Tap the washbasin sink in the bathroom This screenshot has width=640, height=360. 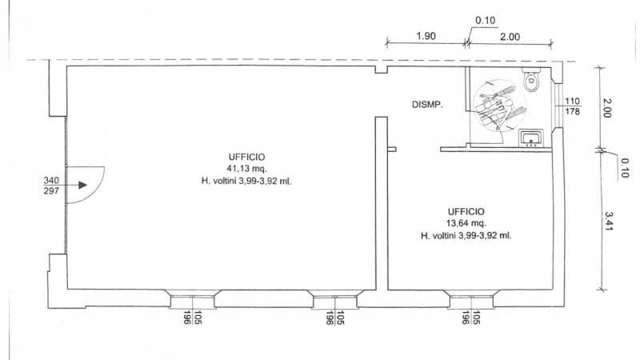(531, 138)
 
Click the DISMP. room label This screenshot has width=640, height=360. (427, 105)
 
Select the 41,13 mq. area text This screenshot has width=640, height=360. (247, 169)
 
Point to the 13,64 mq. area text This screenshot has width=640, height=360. (466, 223)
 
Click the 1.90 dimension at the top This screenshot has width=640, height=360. (426, 36)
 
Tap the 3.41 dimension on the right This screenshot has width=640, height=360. (609, 221)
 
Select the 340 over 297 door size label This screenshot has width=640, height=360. (51, 186)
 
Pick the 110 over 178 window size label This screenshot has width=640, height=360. (572, 106)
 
